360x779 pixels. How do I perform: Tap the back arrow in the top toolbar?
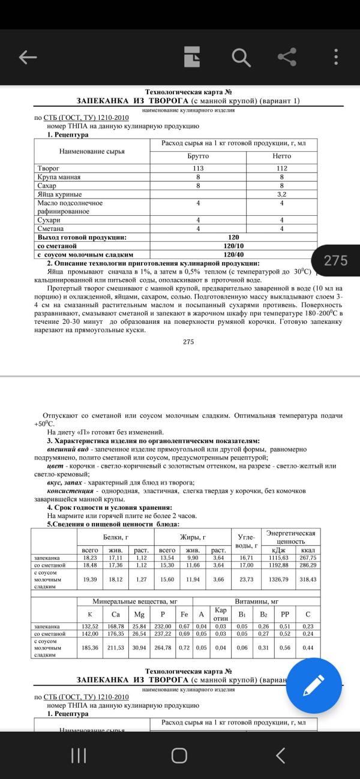tap(28, 57)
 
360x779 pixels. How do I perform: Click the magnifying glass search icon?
tap(240, 57)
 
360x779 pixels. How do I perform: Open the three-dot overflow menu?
tap(336, 57)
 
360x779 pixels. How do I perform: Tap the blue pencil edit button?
tap(314, 685)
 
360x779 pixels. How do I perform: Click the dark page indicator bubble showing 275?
tap(335, 260)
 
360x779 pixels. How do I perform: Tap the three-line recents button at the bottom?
tap(79, 756)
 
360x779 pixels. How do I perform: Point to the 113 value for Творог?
tap(198, 169)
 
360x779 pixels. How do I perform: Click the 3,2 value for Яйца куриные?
tap(281, 194)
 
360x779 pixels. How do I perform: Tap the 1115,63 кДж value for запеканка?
tap(278, 557)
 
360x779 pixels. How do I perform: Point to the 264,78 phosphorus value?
tap(162, 648)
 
